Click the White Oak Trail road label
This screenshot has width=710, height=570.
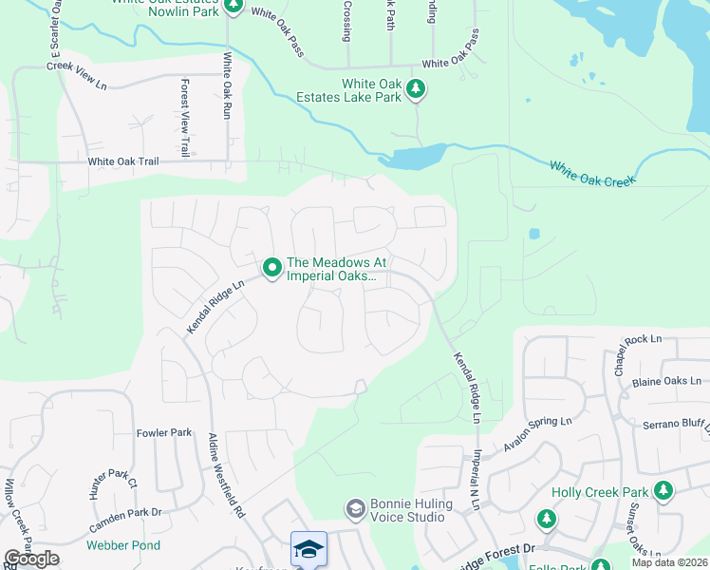[123, 161]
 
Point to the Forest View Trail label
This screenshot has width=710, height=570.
[184, 117]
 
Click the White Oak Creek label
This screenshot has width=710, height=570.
[591, 173]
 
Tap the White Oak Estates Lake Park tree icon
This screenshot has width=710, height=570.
[415, 90]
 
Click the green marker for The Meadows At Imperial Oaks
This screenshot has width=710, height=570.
[271, 269]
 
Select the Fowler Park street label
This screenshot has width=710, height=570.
[164, 432]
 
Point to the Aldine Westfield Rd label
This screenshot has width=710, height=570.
[226, 474]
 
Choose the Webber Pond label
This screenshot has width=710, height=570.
[123, 545]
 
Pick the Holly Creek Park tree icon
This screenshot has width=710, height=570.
[663, 491]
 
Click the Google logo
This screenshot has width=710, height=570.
[31, 559]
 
